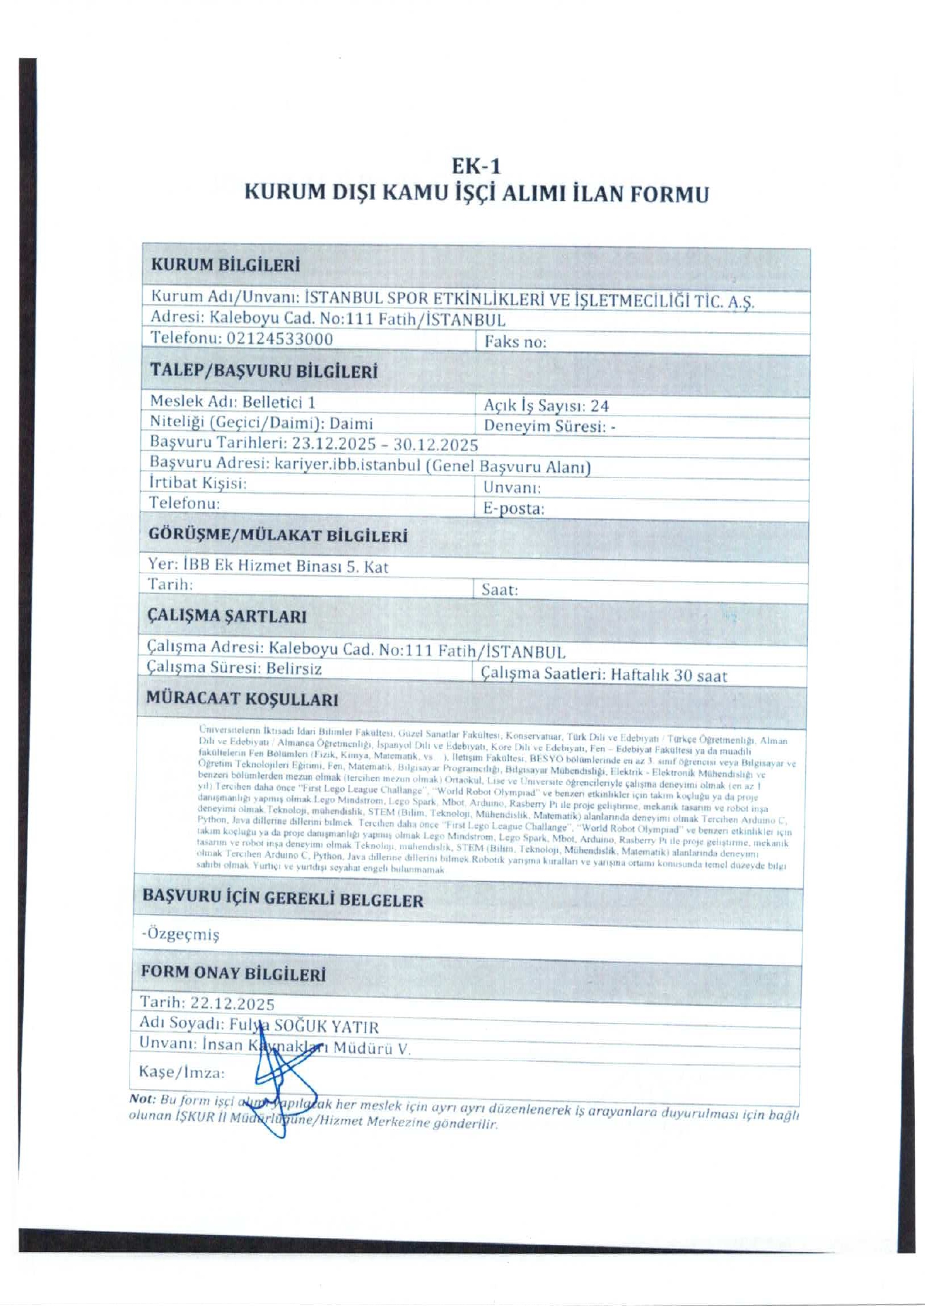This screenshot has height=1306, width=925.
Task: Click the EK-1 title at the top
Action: coord(475,166)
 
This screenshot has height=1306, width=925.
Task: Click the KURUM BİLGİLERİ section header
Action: coord(225,265)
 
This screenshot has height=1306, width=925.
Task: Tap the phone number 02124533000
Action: coord(280,339)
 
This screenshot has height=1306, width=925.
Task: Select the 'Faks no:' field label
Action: coord(515,342)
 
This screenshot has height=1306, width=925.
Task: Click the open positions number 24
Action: coord(599,406)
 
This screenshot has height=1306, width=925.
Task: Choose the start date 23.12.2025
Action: coord(334,444)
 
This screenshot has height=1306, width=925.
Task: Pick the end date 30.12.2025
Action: coord(436,445)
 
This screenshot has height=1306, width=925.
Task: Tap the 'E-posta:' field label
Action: coord(514,509)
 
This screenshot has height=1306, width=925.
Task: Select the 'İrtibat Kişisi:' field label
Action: coord(197,483)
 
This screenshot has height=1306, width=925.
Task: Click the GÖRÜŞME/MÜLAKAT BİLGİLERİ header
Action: coord(277,535)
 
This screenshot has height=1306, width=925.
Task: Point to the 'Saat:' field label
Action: coord(499,590)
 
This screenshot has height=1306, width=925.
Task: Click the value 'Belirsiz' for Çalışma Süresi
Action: coord(294,669)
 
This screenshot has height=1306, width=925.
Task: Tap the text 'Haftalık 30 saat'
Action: coord(669,675)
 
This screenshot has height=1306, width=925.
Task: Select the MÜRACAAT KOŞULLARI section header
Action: coord(241,699)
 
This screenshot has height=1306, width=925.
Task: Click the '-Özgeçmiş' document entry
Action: coord(180,934)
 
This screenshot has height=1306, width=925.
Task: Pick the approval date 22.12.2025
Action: coord(232,1003)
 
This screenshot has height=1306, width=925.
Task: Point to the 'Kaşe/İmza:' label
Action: coord(181,1073)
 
